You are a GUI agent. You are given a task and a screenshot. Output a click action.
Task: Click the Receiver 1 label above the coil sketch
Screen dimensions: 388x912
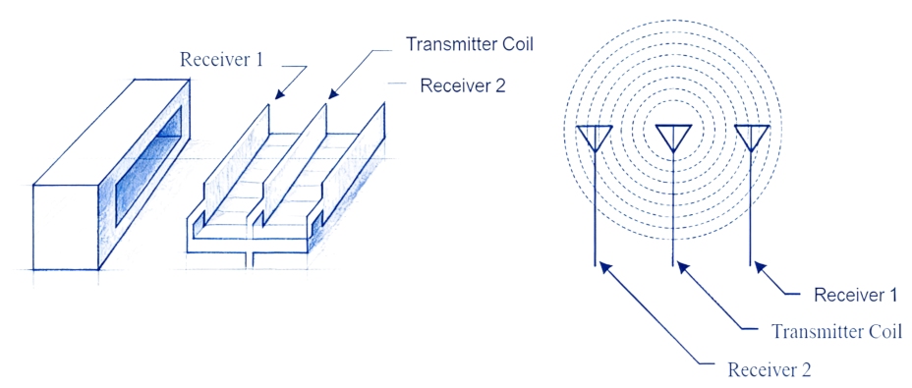pos(222,58)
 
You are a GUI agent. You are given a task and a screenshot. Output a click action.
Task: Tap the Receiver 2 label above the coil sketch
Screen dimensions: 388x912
pos(462,85)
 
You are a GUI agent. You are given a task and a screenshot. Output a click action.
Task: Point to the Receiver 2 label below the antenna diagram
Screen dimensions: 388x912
pos(769,369)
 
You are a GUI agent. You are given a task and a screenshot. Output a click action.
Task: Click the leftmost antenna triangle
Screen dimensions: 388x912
pos(594,138)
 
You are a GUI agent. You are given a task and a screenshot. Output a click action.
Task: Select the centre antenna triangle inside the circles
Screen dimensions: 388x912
pos(673,138)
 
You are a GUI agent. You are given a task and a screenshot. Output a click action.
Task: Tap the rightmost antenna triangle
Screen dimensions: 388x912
pos(752,138)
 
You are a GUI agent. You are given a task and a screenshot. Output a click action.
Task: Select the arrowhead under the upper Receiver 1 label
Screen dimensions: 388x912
pos(278,95)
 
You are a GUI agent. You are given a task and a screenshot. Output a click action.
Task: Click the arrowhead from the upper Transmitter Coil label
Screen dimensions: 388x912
pos(332,95)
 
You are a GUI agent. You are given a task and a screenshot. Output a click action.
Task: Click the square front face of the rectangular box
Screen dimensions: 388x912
pos(68,225)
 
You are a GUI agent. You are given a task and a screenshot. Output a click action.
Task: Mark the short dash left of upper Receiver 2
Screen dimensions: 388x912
pos(397,85)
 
